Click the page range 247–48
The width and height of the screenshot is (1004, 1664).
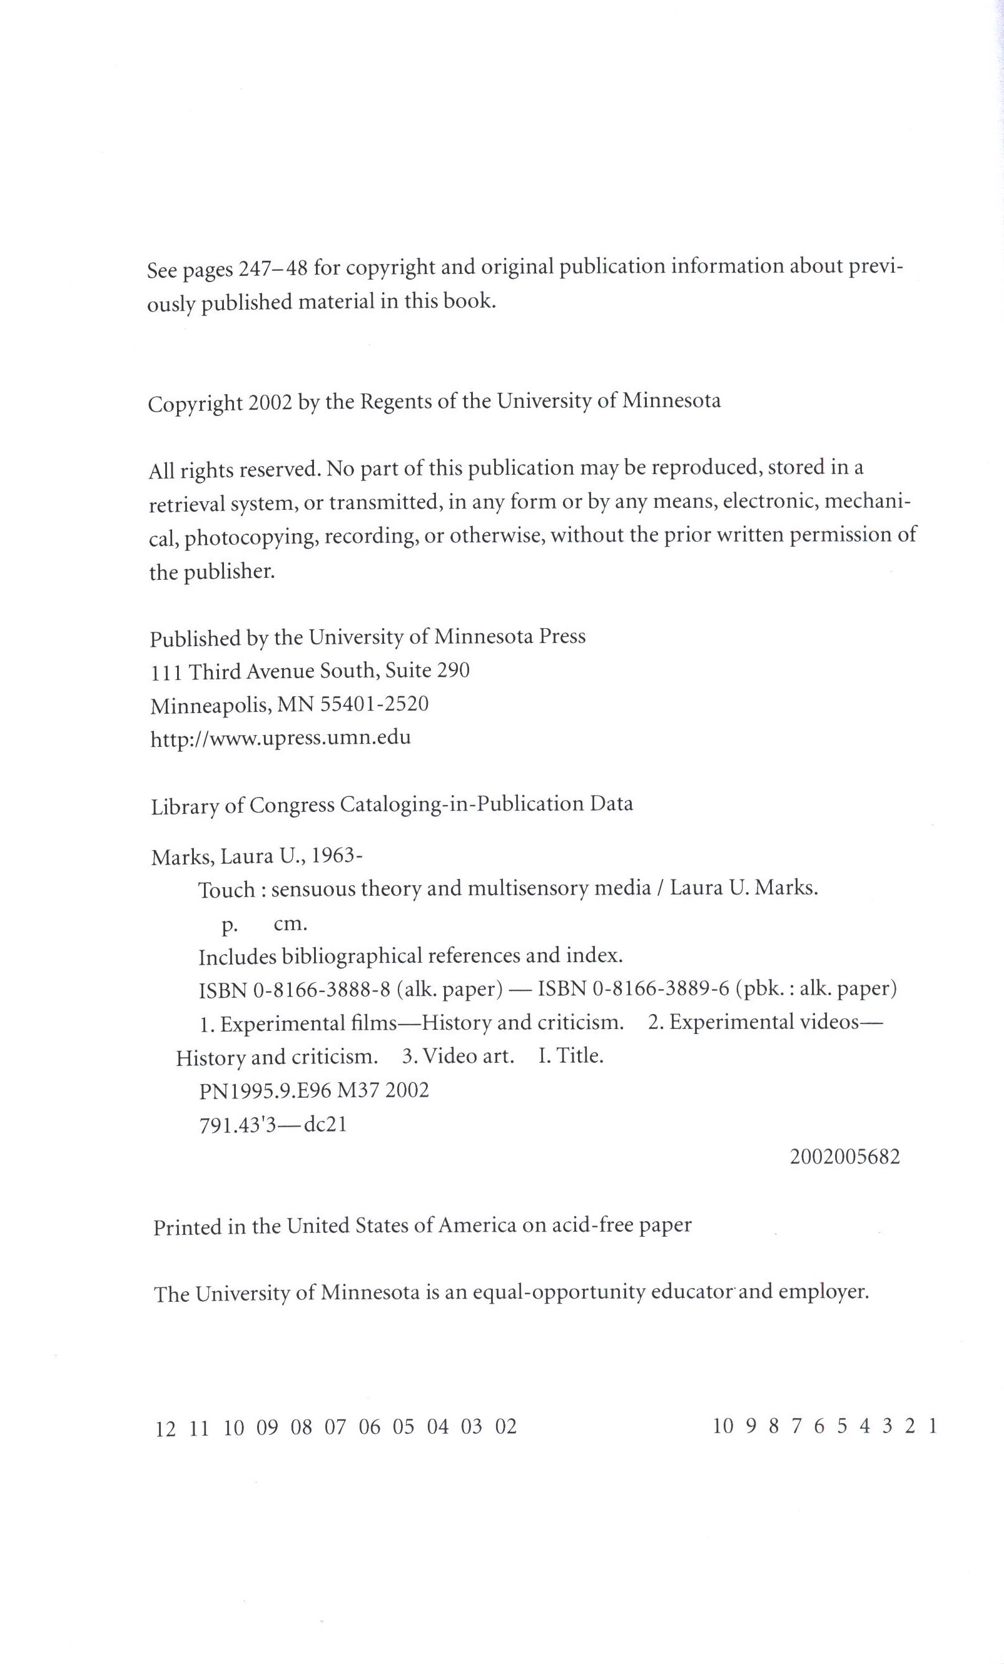point(274,270)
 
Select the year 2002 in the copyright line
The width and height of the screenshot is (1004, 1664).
point(270,403)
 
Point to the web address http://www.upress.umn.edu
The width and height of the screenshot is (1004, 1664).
point(280,738)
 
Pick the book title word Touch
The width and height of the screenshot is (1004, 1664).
point(227,890)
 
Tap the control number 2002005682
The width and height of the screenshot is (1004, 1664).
point(844,1157)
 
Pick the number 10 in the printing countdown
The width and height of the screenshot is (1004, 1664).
point(723,1426)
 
